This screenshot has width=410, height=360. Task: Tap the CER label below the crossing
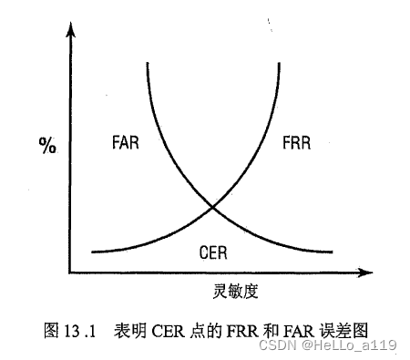pos(214,251)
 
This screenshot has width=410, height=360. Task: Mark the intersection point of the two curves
pos(213,207)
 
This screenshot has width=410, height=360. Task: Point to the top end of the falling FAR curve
pos(147,63)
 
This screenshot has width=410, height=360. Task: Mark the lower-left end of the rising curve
pos(94,251)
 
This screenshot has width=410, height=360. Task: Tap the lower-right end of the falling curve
pos(333,251)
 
